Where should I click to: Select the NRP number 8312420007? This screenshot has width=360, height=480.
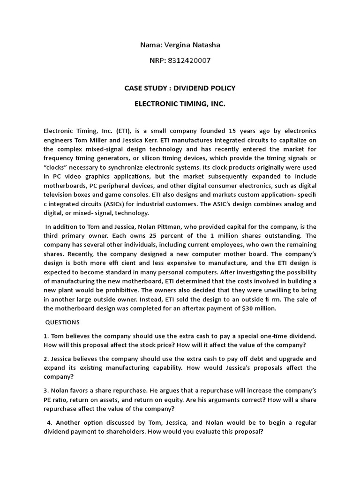(190, 60)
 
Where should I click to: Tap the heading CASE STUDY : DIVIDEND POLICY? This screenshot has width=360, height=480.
(180, 88)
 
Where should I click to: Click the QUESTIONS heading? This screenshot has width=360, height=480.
(62, 322)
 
